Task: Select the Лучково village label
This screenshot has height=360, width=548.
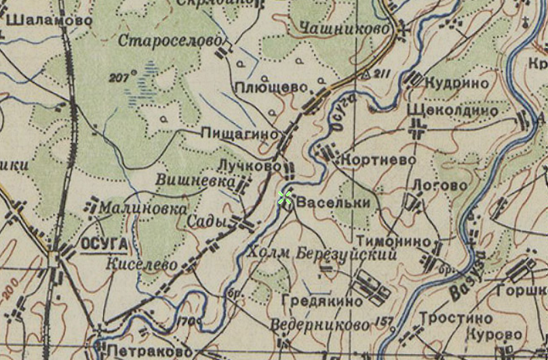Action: pyautogui.click(x=249, y=165)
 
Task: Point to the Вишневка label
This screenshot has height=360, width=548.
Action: pyautogui.click(x=196, y=181)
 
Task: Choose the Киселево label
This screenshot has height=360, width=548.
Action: pyautogui.click(x=142, y=264)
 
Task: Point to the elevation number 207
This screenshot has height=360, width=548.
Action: pyautogui.click(x=123, y=77)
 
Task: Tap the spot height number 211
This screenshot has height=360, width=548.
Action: pyautogui.click(x=383, y=73)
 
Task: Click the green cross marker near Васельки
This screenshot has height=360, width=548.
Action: pyautogui.click(x=285, y=197)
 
